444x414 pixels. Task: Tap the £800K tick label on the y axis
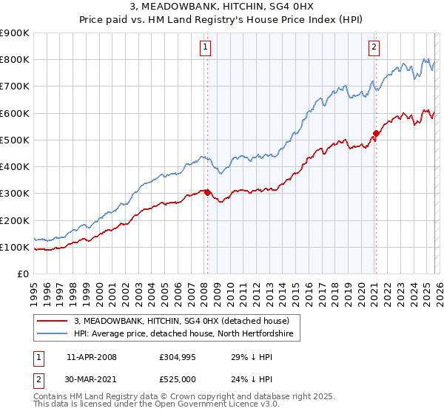(15, 60)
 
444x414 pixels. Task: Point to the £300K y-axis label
(15, 194)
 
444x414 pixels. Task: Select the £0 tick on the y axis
(22, 274)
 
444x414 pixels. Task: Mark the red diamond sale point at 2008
(207, 192)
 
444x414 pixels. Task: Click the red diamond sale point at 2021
(376, 134)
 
